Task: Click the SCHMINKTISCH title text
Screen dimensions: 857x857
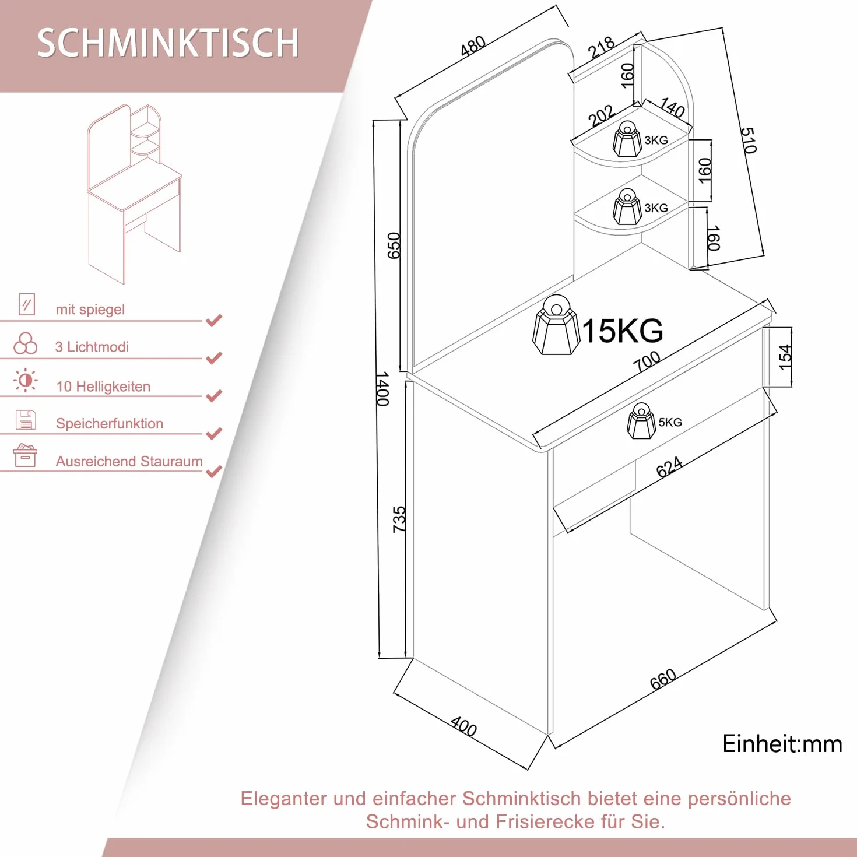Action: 168,43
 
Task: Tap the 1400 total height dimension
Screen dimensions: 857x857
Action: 382,389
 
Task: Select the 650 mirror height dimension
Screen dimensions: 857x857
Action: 394,245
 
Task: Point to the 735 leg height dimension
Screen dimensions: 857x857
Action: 399,519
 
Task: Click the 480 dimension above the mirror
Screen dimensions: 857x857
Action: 473,46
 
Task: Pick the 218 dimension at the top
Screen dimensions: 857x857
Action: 601,48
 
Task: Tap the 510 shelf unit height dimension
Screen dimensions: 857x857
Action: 749,140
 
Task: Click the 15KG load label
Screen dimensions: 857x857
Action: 622,331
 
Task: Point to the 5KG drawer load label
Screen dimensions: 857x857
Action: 670,422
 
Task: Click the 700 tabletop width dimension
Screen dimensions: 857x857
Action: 647,361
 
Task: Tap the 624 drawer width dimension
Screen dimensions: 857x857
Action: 669,466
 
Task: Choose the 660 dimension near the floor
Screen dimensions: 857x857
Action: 663,679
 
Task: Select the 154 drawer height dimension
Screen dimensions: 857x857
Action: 785,357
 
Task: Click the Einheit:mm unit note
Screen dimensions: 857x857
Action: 782,744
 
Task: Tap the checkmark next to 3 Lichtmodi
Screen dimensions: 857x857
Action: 214,357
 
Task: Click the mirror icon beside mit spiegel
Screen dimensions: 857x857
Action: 27,304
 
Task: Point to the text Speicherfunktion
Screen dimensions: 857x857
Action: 110,423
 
